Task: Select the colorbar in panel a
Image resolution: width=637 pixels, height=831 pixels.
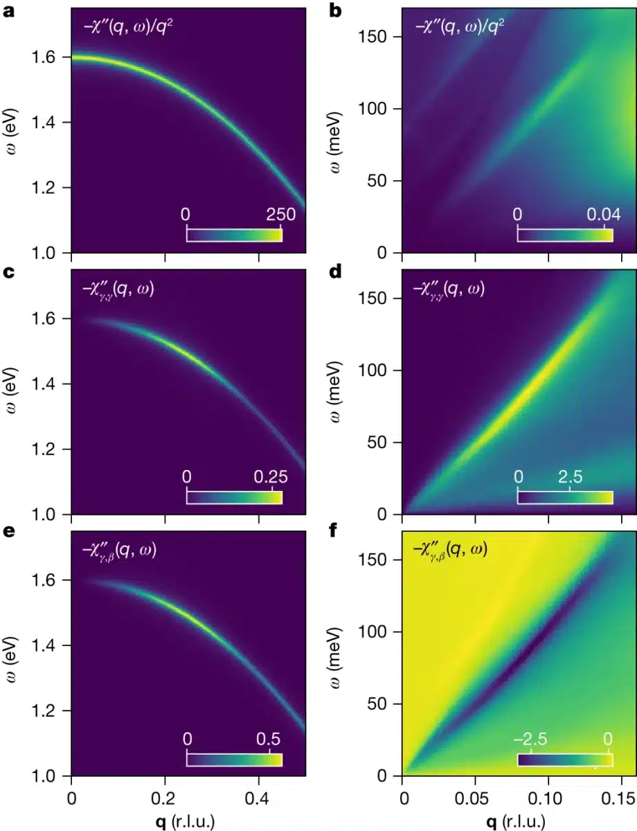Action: click(x=234, y=235)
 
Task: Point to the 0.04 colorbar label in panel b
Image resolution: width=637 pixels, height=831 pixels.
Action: click(x=604, y=215)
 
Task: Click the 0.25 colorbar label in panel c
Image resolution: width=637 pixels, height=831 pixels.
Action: click(x=271, y=476)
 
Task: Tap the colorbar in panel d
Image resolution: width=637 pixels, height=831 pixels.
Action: click(x=565, y=497)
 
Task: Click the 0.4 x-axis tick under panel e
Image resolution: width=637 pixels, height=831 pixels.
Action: click(x=258, y=792)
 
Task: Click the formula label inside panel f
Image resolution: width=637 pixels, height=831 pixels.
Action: click(x=453, y=551)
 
